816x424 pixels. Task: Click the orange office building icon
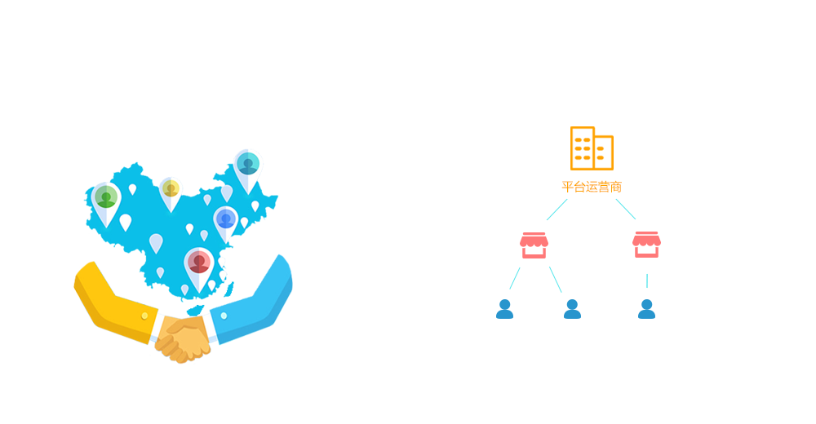click(x=592, y=148)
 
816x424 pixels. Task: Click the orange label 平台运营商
click(x=592, y=187)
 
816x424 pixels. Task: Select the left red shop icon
click(x=534, y=245)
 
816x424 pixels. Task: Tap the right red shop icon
click(x=646, y=245)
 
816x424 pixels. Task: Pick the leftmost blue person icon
click(x=504, y=309)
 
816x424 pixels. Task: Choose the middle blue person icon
click(x=572, y=309)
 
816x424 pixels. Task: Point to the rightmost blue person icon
click(x=646, y=309)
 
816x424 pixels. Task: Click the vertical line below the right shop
click(x=646, y=280)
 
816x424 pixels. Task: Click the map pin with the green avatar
click(x=105, y=200)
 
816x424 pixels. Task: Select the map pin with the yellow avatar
click(x=171, y=191)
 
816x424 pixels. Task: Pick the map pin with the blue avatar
click(x=226, y=220)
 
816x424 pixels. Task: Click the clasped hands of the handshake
click(x=183, y=338)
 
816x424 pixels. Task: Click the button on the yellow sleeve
click(x=144, y=316)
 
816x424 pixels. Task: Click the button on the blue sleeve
click(x=224, y=316)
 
